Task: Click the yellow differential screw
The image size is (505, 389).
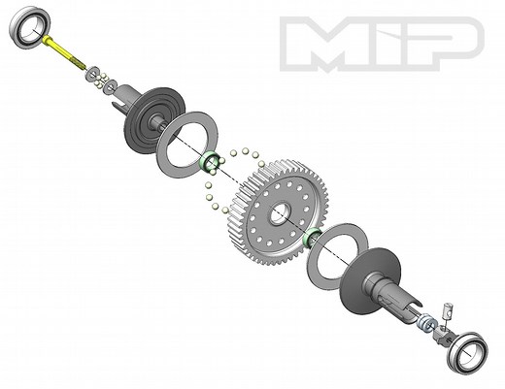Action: click(63, 53)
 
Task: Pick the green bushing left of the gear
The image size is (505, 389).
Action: click(209, 162)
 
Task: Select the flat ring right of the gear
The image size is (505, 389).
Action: click(335, 255)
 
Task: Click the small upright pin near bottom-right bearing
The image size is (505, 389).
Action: click(448, 313)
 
